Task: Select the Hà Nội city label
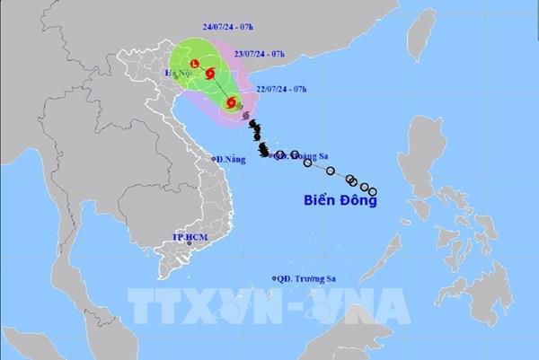177,71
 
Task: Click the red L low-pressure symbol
192,64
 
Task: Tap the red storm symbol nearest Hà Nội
210,75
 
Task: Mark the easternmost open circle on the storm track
373,190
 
